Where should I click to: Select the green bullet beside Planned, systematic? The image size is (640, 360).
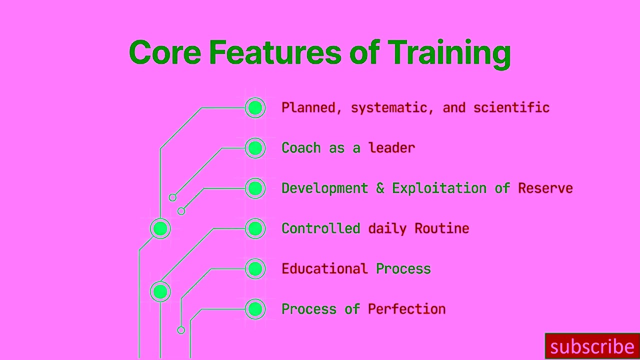(255, 108)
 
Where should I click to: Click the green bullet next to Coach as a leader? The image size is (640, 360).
(255, 148)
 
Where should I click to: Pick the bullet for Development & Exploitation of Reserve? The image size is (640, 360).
(255, 188)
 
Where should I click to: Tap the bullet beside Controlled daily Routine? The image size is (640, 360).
(255, 228)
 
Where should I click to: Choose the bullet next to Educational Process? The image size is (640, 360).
(255, 269)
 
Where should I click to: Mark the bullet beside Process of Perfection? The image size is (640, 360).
(255, 309)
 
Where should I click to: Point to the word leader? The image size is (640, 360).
(391, 148)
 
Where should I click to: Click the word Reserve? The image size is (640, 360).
(545, 188)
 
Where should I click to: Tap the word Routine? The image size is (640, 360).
(441, 228)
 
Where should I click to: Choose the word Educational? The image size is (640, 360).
(324, 269)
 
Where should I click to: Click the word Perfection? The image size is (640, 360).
(406, 309)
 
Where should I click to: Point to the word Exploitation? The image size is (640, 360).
(439, 188)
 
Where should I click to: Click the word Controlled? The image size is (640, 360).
(320, 228)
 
